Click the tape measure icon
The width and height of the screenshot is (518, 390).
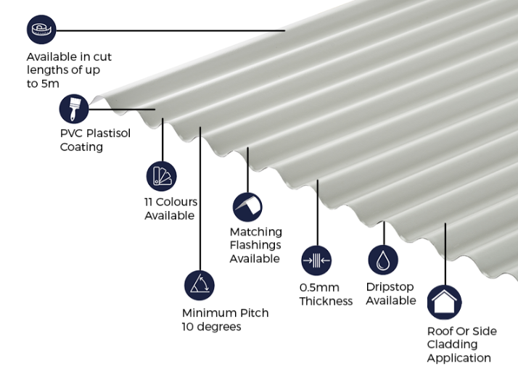point(41,30)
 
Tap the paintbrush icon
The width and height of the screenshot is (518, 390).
point(74,109)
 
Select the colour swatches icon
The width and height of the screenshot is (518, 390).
point(161,176)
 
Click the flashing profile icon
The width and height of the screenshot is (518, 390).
point(247,207)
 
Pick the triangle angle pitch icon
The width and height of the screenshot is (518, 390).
point(200,286)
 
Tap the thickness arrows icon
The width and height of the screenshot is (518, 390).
point(316,260)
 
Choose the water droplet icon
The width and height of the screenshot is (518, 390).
point(383,260)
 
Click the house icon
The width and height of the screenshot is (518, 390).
point(444,302)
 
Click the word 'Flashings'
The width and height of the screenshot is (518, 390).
point(255,245)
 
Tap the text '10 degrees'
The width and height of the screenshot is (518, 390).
point(211,327)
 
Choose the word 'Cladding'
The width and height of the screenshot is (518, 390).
point(452,344)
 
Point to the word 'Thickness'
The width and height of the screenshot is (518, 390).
point(326,301)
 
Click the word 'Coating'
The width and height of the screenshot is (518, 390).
point(81,147)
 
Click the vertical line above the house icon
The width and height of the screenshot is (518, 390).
point(445,254)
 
